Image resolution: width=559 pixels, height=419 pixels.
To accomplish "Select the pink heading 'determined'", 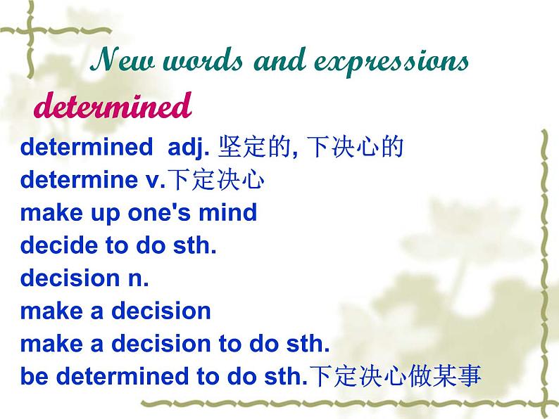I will coord(113,107).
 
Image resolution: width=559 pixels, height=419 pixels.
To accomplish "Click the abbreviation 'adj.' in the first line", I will coord(190,148).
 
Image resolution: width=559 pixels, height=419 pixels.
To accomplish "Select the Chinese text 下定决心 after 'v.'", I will coord(218,181).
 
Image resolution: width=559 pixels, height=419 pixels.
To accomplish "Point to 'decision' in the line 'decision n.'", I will coord(68,278).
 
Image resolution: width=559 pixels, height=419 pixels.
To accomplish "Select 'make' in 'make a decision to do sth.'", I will coord(47,344).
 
